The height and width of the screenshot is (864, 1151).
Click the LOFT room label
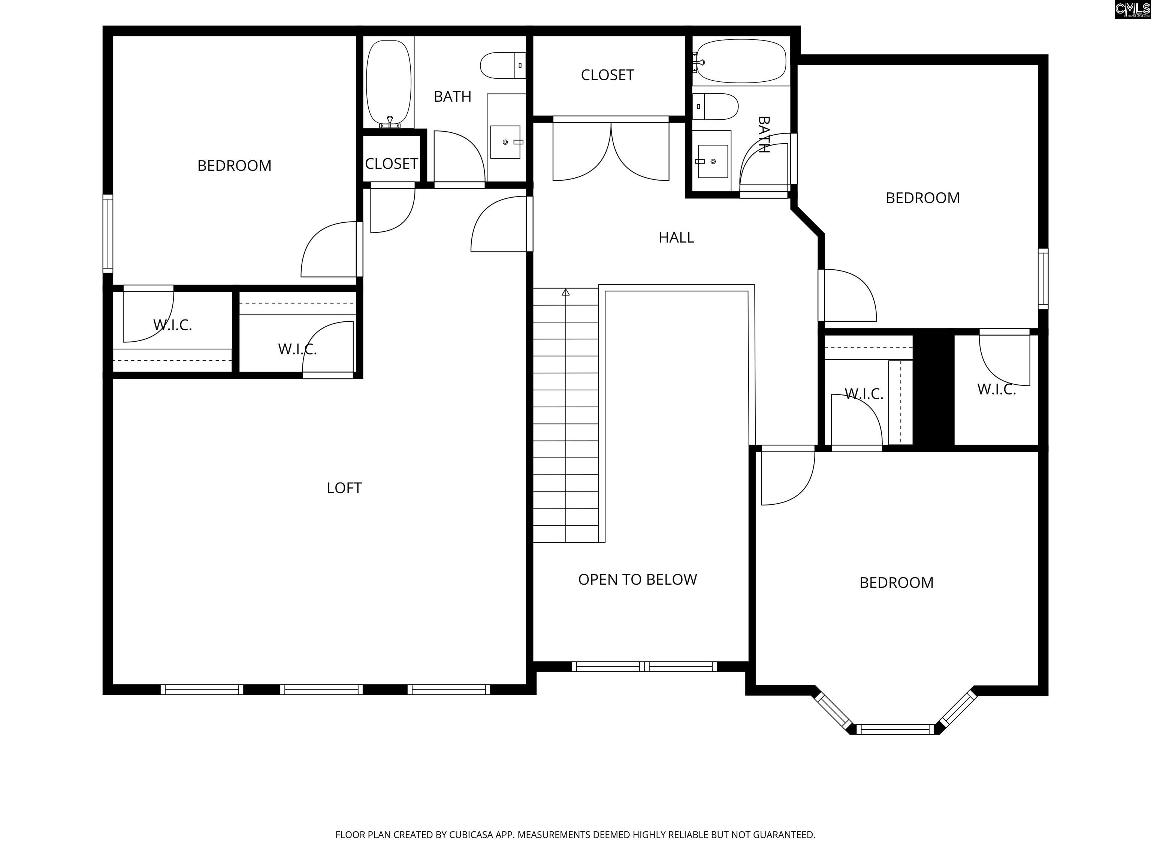click(x=344, y=488)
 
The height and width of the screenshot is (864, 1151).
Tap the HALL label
click(x=676, y=237)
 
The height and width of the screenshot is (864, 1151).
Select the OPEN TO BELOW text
click(x=637, y=580)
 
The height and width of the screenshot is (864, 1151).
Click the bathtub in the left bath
click(x=389, y=83)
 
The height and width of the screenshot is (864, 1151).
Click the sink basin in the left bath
click(x=505, y=142)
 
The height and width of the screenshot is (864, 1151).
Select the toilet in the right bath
click(x=715, y=107)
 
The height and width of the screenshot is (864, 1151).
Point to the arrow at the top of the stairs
click(x=566, y=292)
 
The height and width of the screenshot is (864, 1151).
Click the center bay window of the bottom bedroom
click(x=895, y=729)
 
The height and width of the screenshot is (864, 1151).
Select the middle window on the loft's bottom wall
click(x=321, y=690)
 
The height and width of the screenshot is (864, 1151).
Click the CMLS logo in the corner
click(x=1132, y=9)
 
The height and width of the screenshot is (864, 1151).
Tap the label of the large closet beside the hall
click(x=607, y=75)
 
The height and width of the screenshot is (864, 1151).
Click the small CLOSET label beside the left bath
click(x=391, y=163)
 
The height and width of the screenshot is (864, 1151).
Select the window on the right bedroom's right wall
click(x=1043, y=279)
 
